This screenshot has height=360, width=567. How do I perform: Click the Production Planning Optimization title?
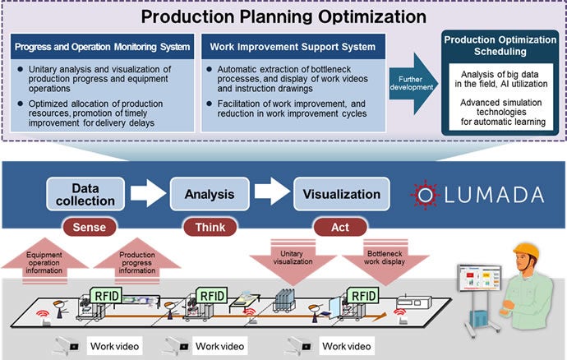pos(283,16)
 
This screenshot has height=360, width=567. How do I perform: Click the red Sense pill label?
pos(88,225)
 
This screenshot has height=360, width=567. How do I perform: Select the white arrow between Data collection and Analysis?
pos(148,195)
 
